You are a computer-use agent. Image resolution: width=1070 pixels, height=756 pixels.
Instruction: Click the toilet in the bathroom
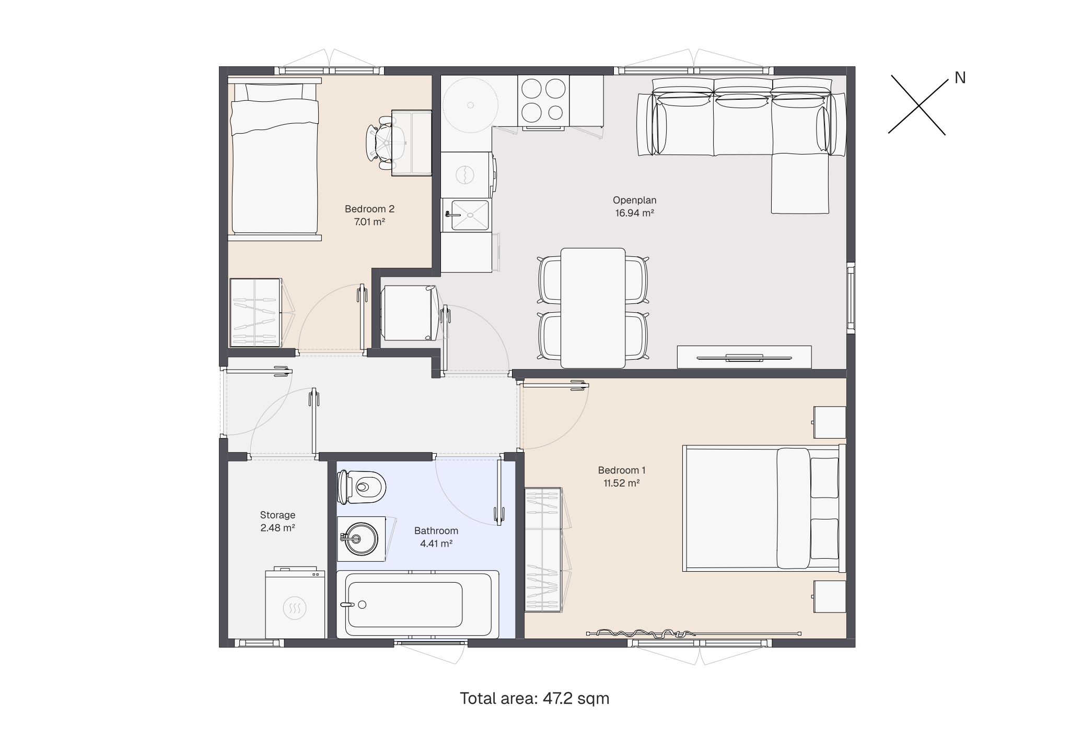(x=362, y=487)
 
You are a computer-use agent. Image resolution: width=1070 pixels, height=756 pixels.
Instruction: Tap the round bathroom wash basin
(x=360, y=539)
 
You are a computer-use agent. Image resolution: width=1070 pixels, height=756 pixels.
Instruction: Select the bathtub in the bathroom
(x=417, y=604)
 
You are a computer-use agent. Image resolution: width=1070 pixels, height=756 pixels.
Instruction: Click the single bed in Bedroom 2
(x=274, y=159)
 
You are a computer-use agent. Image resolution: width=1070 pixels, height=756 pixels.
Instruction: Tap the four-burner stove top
(x=543, y=100)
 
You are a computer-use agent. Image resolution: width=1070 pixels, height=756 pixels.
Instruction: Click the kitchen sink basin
(x=470, y=215)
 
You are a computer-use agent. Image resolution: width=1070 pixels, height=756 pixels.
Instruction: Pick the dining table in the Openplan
(x=593, y=308)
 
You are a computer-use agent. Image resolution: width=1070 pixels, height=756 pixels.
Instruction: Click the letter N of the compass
(x=960, y=78)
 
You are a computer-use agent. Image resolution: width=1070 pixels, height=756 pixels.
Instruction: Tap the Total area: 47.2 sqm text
(x=534, y=699)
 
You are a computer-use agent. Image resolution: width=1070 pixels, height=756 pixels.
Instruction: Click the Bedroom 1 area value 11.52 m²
(x=622, y=483)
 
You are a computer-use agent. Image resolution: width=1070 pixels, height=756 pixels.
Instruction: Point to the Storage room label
(x=277, y=515)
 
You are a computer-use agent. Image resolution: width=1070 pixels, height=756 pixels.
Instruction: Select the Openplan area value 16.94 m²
(x=635, y=212)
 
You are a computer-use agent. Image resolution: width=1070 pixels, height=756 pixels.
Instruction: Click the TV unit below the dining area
(x=744, y=357)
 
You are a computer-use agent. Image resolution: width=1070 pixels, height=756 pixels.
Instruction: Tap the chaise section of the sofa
(x=800, y=183)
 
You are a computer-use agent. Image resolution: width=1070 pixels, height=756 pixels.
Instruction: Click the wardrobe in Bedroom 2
(x=256, y=312)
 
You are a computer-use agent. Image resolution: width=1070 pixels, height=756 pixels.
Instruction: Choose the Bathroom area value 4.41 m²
(x=436, y=544)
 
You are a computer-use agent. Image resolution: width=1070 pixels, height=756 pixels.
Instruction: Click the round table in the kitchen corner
(x=470, y=105)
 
